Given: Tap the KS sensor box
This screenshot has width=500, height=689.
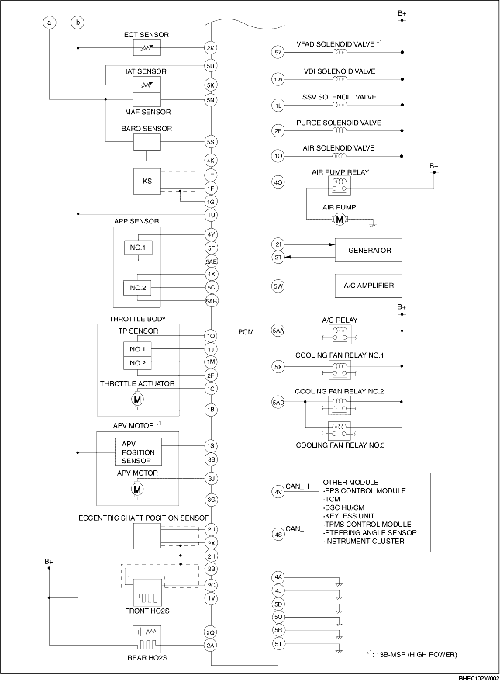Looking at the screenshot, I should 147,182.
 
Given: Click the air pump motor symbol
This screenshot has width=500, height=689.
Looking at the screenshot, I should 339,220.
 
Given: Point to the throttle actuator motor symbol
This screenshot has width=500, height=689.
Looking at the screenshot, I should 137,399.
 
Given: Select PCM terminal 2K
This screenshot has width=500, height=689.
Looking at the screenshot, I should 210,48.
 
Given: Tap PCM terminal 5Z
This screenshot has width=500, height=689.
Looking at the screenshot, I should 278,53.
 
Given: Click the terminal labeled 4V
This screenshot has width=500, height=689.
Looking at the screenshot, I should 278,491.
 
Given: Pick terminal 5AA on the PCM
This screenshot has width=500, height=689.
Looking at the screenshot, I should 278,331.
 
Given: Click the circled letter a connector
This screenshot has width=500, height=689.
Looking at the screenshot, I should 50,23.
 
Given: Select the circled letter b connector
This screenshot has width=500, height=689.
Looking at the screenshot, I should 78,23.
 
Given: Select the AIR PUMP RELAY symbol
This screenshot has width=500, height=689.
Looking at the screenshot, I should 339,183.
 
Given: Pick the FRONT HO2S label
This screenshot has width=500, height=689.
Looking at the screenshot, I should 147,611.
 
